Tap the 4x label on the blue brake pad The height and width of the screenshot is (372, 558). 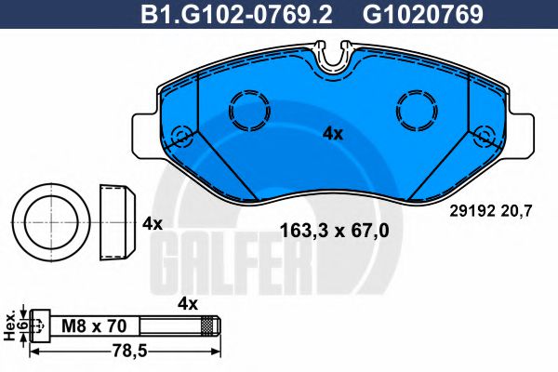[x=333, y=133]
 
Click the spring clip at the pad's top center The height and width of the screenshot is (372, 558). [x=333, y=57]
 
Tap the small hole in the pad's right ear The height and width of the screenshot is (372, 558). [x=483, y=137]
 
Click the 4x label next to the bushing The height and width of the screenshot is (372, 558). [x=153, y=224]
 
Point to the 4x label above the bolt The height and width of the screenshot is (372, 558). [x=189, y=302]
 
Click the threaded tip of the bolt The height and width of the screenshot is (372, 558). [x=213, y=325]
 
